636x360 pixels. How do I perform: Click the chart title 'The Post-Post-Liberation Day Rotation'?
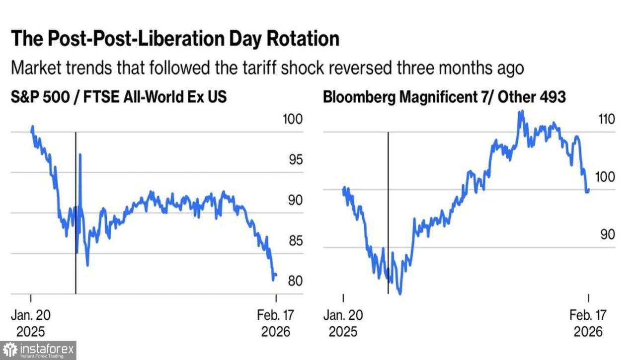pyautogui.click(x=175, y=39)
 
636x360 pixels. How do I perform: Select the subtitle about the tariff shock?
pyautogui.click(x=267, y=68)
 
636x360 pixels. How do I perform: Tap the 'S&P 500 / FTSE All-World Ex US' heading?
pyautogui.click(x=119, y=97)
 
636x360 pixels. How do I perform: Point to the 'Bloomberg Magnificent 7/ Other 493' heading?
pyautogui.click(x=444, y=97)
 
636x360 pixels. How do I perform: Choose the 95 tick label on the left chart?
pyautogui.click(x=292, y=160)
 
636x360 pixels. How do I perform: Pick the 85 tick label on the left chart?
pyautogui.click(x=292, y=241)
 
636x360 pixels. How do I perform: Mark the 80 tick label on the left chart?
pyautogui.click(x=292, y=281)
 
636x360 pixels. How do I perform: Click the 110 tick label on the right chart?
pyautogui.click(x=607, y=120)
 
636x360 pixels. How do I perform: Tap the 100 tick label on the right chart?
pyautogui.click(x=607, y=177)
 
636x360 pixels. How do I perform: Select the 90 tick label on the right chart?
pyautogui.click(x=607, y=234)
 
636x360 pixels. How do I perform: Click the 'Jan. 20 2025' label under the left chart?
pyautogui.click(x=31, y=323)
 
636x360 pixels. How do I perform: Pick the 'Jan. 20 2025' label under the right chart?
pyautogui.click(x=343, y=323)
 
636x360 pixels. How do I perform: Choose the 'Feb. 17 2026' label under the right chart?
pyautogui.click(x=588, y=323)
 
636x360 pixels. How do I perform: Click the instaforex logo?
pyautogui.click(x=38, y=350)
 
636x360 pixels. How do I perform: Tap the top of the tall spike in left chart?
pyautogui.click(x=80, y=154)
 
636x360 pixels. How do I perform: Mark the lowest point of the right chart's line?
pyautogui.click(x=400, y=293)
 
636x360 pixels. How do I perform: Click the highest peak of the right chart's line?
pyautogui.click(x=521, y=111)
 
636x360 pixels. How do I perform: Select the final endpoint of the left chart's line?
pyautogui.click(x=276, y=275)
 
